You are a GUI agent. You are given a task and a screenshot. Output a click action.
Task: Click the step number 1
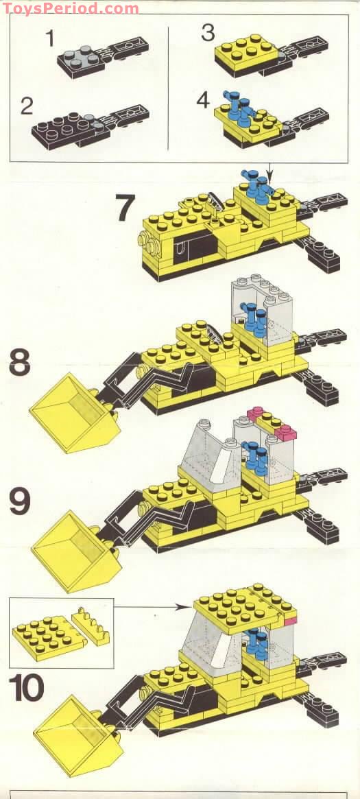[x=50, y=38]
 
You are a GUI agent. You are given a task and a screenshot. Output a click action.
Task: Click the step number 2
[x=27, y=106]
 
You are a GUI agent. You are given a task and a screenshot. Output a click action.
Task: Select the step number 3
[x=207, y=32]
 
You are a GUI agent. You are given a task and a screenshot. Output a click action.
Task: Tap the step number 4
[x=204, y=99]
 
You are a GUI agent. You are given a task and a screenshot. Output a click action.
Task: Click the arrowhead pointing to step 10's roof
[x=178, y=606]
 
